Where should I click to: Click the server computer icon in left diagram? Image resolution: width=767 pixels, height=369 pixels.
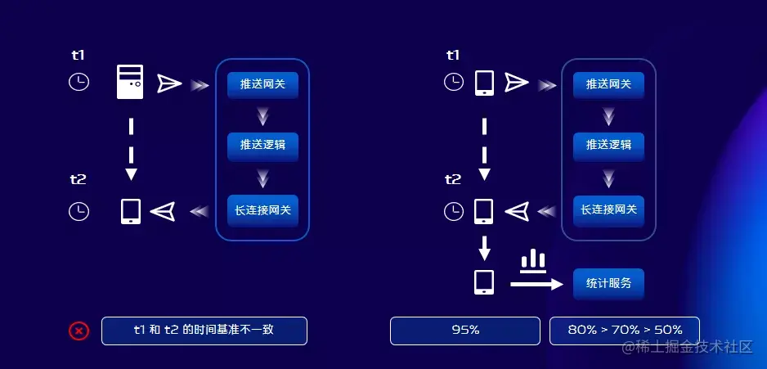[130, 83]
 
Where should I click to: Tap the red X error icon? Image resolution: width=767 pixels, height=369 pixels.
[78, 331]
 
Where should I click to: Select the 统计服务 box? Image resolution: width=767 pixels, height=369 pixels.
[608, 283]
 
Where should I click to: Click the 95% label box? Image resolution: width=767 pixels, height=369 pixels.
[465, 331]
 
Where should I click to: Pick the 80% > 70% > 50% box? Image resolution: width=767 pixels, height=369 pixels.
[624, 331]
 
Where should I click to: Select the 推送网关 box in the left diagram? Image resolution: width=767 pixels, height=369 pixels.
[262, 84]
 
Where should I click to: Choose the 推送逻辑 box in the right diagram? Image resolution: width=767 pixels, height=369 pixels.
[608, 146]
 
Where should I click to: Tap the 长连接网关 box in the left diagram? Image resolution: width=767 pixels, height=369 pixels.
[262, 210]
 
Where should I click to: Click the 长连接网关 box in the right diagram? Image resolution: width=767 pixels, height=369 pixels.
[608, 210]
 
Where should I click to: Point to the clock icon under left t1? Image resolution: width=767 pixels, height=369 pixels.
[78, 83]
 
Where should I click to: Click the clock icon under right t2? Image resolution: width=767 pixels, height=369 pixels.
[453, 211]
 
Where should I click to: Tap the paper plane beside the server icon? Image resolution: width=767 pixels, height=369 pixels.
[169, 83]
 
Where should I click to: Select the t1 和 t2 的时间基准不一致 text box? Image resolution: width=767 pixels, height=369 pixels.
[204, 331]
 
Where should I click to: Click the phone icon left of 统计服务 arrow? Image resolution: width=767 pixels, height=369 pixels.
[484, 282]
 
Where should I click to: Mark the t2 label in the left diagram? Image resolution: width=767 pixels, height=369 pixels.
[78, 179]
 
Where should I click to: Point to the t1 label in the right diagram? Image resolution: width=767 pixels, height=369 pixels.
[453, 56]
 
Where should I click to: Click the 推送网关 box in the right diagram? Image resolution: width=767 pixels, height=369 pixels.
[608, 84]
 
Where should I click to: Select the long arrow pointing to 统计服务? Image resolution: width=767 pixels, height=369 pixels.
[536, 284]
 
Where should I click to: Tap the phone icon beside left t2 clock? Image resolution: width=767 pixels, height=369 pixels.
[131, 211]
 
